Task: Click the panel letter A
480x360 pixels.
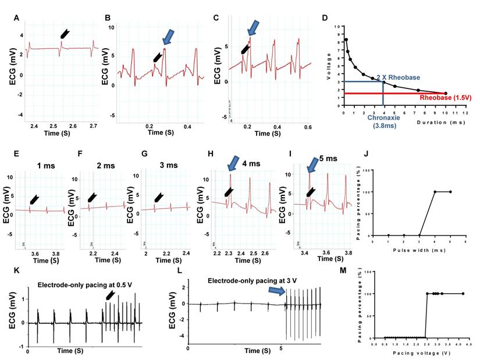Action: click(17, 18)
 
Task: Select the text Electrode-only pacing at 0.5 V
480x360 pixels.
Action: click(88, 284)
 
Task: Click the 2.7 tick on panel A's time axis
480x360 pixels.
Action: click(94, 125)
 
